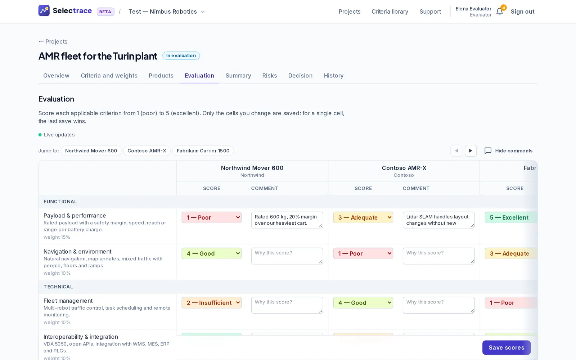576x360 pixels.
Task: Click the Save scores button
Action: click(506, 347)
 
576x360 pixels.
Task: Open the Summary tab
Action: click(238, 76)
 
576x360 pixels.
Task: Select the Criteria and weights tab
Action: click(109, 76)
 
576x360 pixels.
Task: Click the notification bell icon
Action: click(500, 12)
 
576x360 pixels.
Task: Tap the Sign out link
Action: click(522, 12)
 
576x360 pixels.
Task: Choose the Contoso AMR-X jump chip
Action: click(147, 151)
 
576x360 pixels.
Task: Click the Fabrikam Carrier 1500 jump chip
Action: click(203, 151)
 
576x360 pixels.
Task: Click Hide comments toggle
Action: click(508, 151)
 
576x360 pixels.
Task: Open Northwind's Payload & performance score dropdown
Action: click(211, 217)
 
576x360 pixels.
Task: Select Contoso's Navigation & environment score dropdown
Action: click(363, 253)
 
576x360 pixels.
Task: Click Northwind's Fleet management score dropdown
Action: click(211, 303)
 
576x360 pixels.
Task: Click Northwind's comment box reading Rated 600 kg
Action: click(287, 220)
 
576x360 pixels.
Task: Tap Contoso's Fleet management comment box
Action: click(439, 305)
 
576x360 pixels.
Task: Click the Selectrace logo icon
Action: click(44, 10)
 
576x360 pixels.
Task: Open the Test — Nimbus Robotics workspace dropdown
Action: click(167, 12)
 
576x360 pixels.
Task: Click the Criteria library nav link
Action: click(390, 12)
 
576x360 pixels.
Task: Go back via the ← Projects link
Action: click(53, 42)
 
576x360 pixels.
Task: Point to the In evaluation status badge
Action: click(181, 55)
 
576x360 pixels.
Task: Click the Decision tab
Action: click(300, 76)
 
